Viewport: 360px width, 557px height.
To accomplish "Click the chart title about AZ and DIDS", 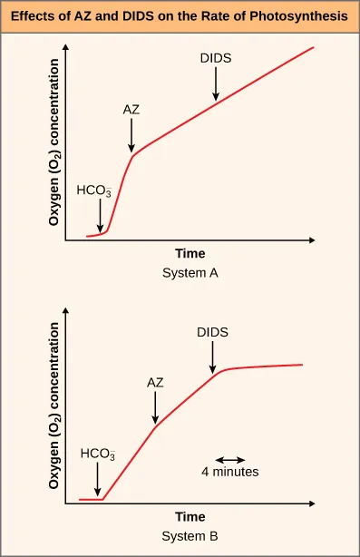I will [x=180, y=15].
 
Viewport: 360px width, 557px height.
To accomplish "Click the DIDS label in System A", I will [x=216, y=58].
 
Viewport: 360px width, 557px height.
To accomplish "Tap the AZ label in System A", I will [x=131, y=109].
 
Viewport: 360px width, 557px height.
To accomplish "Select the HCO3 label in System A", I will [x=94, y=191].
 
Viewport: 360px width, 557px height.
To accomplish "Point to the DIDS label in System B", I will [x=212, y=332].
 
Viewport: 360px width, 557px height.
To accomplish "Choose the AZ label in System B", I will [x=155, y=382].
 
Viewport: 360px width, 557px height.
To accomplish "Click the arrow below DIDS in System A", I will [x=216, y=84].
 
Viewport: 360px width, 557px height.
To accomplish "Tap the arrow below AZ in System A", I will [x=131, y=135].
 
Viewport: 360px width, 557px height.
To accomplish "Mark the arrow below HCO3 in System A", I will [x=100, y=218].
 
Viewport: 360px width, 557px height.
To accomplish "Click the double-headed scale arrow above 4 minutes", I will [x=229, y=458].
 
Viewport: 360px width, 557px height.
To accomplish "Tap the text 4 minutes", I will [x=230, y=472].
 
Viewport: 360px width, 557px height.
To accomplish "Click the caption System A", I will [x=190, y=271].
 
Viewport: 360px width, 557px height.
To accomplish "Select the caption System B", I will [x=190, y=535].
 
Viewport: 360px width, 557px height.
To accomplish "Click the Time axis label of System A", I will [x=190, y=254].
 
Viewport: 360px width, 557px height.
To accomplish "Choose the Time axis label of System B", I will [x=190, y=517].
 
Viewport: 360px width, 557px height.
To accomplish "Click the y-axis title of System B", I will [x=54, y=406].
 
